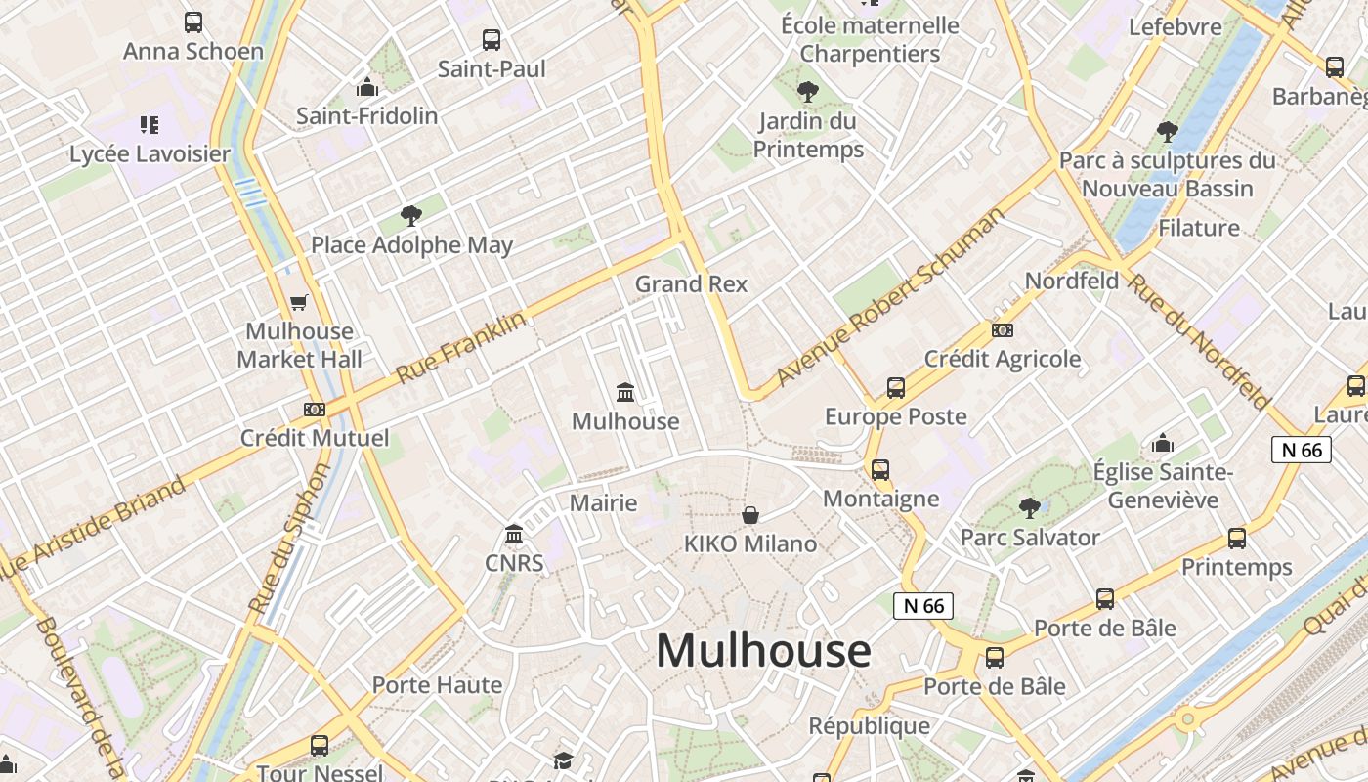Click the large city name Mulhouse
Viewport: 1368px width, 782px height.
coord(763,651)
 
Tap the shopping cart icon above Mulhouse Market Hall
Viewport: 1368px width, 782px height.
coord(299,303)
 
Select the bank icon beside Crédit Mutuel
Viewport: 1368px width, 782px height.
coord(314,410)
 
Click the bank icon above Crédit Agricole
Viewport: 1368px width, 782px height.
coord(1003,330)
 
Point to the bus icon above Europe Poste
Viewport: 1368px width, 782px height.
coord(896,388)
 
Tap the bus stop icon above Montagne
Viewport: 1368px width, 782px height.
coord(880,470)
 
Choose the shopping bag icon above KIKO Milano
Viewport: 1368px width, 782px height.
coord(750,515)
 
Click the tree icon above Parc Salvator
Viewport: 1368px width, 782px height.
coord(1029,507)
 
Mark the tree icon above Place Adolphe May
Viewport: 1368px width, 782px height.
coord(411,216)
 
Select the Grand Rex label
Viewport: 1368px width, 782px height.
coord(691,284)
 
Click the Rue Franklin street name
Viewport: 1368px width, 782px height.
coord(461,346)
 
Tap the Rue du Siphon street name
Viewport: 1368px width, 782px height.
coord(290,539)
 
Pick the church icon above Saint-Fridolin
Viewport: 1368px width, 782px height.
coord(367,88)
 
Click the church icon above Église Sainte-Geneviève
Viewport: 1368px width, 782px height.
coord(1162,444)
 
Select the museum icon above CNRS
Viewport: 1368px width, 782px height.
coord(514,535)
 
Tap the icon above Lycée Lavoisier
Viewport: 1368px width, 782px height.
coord(150,124)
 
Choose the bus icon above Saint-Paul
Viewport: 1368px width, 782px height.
coord(492,40)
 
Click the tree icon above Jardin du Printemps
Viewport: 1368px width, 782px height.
coord(808,92)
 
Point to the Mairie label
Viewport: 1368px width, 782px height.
coord(603,503)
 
